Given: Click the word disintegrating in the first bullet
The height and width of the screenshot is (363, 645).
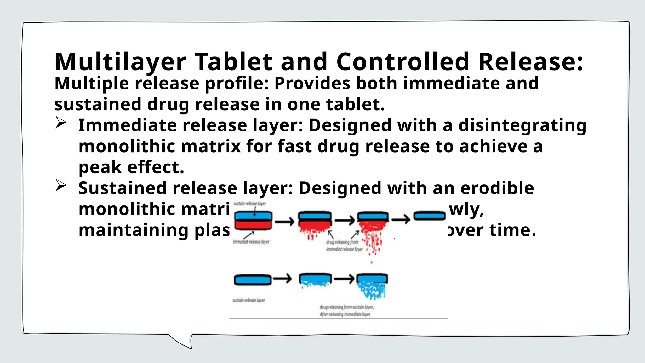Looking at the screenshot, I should (522, 125).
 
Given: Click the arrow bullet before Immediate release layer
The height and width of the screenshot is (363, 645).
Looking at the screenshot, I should (60, 123).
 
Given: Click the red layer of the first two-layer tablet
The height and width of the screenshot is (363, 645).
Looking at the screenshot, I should (253, 225).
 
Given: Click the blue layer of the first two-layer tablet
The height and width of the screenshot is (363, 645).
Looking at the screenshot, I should (253, 216).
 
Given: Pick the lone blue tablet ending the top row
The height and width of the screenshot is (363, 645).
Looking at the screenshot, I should (429, 216).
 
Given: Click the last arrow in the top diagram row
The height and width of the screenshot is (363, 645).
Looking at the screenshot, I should (401, 219).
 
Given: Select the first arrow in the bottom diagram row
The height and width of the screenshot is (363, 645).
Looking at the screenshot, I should (282, 279).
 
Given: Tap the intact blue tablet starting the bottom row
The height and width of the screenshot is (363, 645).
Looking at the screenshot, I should (253, 280).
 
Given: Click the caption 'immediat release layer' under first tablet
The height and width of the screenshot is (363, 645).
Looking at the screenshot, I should (251, 242).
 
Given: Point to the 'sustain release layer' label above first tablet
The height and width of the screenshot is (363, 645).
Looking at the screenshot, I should (250, 204).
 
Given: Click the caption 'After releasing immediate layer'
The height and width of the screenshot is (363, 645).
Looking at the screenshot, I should (345, 314).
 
